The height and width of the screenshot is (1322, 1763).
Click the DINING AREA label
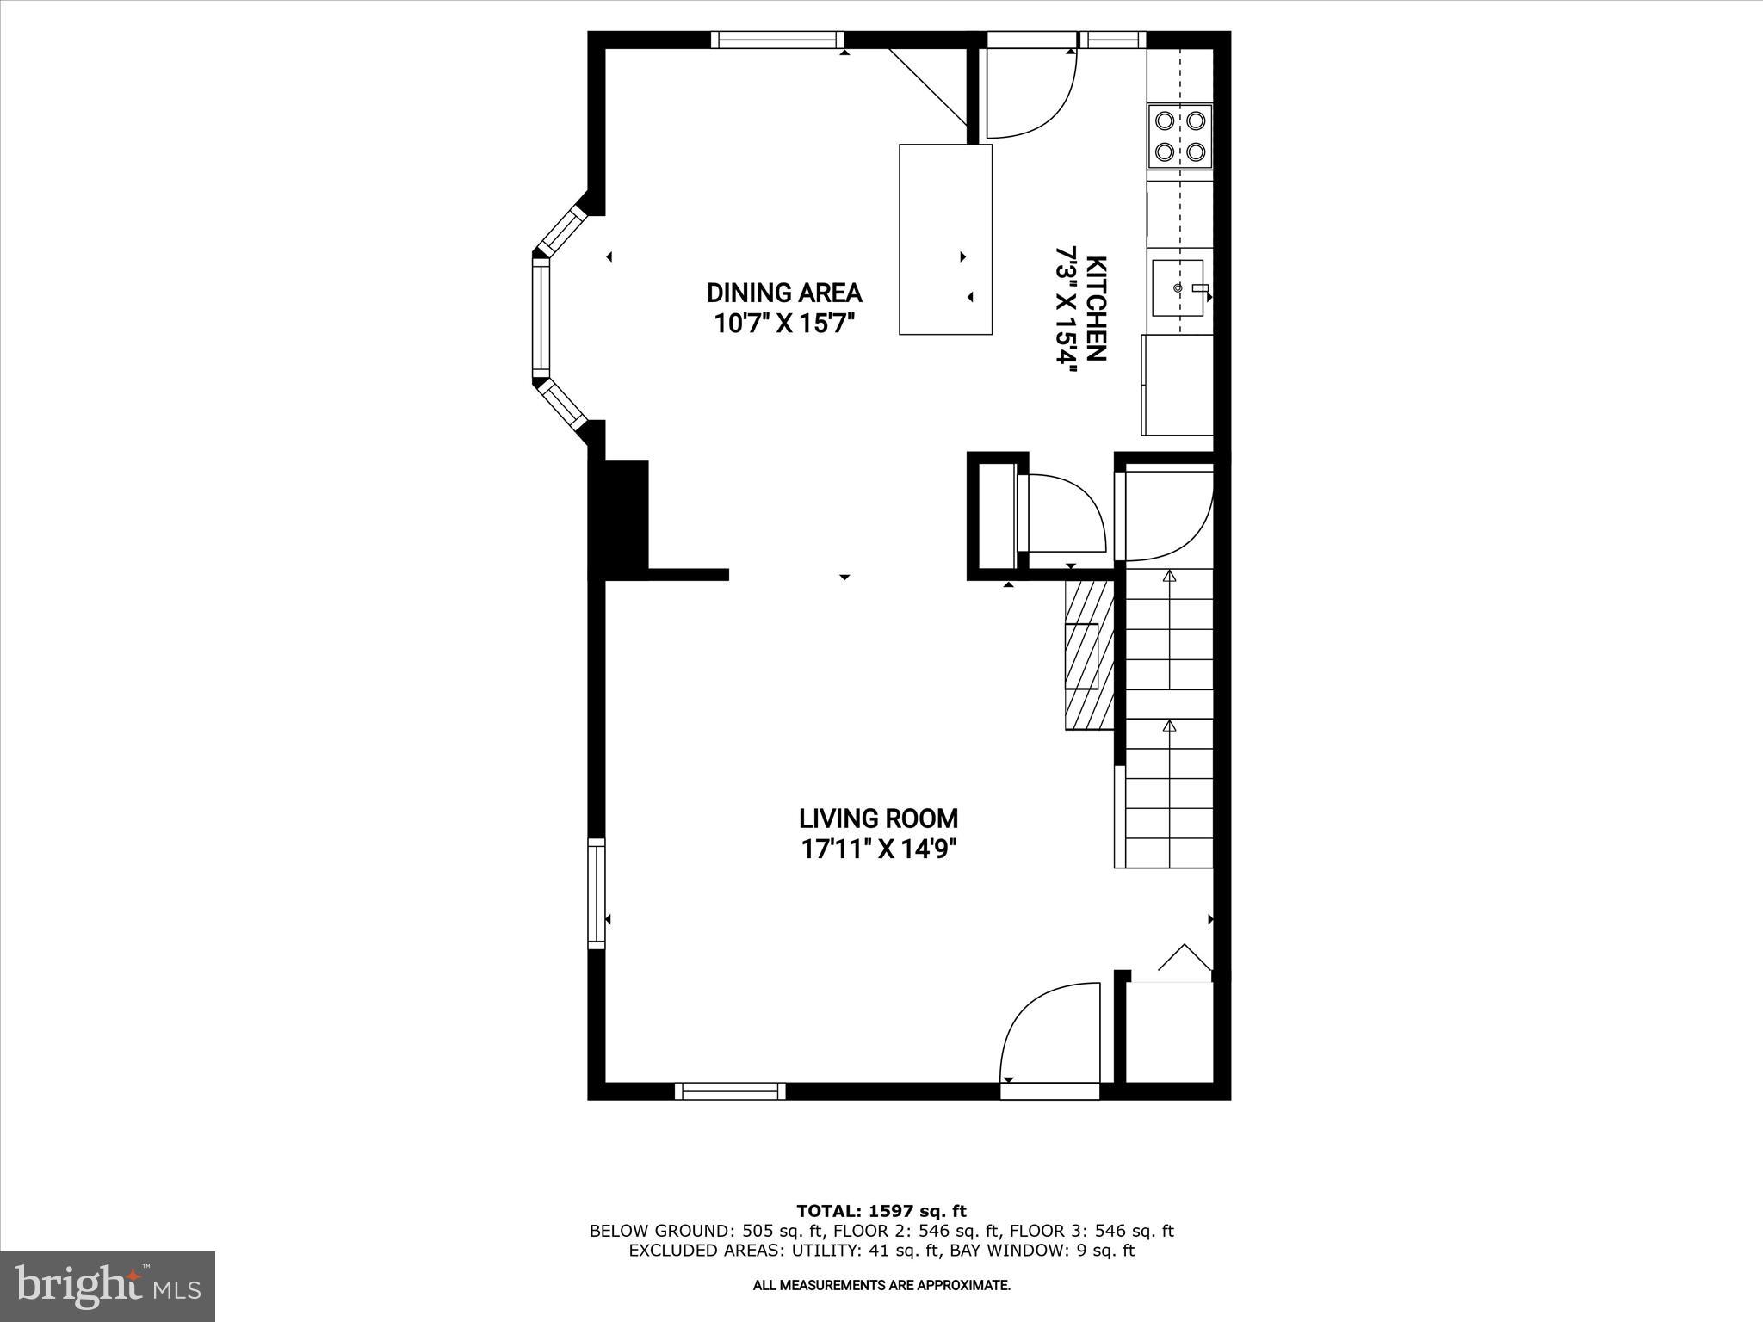(784, 293)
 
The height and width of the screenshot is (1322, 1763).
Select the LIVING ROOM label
(878, 818)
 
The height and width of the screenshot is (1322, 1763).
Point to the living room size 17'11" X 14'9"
(879, 849)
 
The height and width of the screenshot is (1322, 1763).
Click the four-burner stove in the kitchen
(1179, 136)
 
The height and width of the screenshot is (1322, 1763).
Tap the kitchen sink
(1178, 287)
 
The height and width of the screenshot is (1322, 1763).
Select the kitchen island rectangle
(945, 239)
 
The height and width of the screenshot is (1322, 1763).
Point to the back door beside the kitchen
(1029, 95)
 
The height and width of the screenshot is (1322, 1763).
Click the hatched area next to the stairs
(1089, 654)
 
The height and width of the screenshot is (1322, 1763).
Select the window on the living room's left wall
(596, 893)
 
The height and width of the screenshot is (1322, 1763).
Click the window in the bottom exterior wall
(730, 1091)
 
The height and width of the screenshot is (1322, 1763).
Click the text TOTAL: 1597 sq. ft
(881, 1211)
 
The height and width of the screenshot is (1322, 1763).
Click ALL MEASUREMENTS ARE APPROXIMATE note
(881, 1286)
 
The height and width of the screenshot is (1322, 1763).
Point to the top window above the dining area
(777, 40)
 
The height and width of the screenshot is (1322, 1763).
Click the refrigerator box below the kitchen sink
(1177, 385)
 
